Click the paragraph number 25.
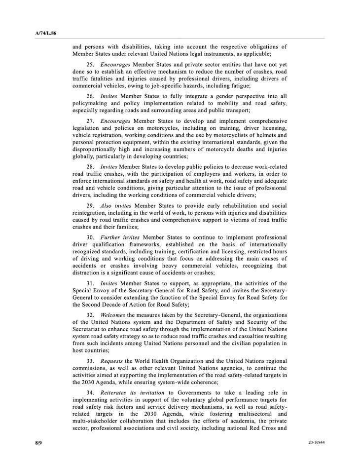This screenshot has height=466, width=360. [91, 65]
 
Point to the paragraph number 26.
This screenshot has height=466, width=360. [91, 96]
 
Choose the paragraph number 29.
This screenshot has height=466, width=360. [91, 205]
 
